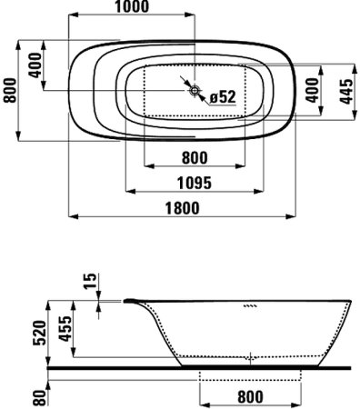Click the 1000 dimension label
pos(132,6)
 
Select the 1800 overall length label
pos(183,208)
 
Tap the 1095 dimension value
pos(195,183)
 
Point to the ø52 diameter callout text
pos(223,97)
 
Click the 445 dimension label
pos(346,91)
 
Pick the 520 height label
pos(39,333)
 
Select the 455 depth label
pos(65,329)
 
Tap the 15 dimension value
pos(90,281)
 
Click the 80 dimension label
pos(39,397)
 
